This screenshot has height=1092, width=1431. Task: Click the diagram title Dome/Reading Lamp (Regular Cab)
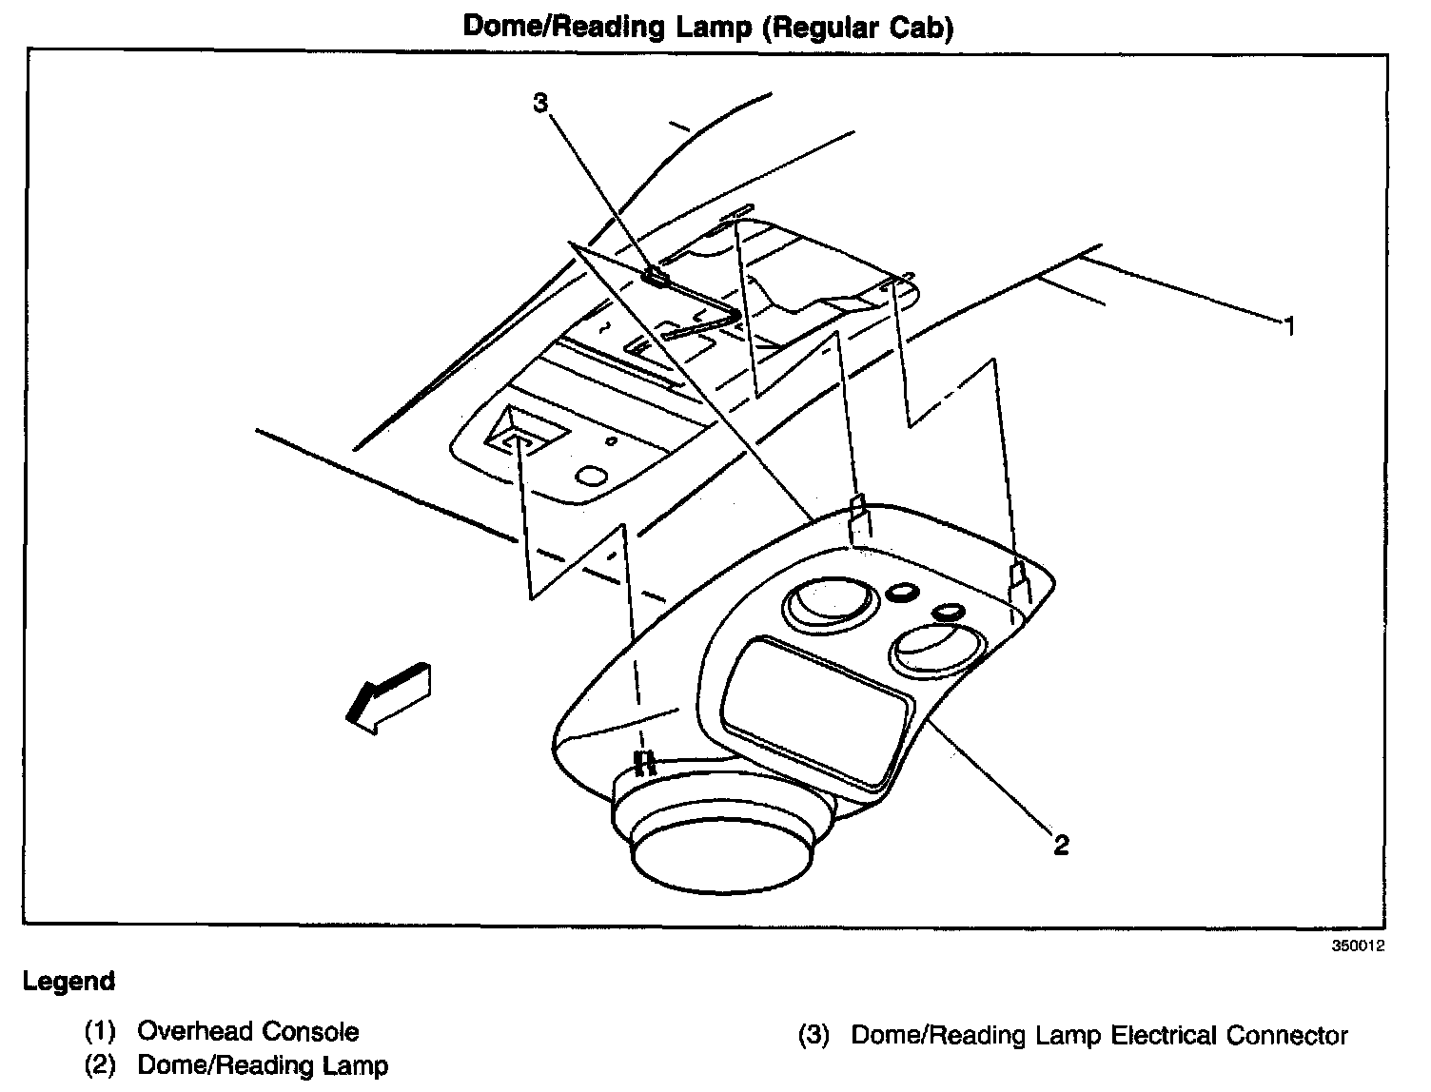(x=708, y=27)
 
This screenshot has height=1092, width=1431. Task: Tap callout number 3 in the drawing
(x=540, y=103)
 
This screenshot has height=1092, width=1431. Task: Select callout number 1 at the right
(x=1289, y=327)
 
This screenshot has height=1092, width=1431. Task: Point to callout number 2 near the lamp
(x=1061, y=844)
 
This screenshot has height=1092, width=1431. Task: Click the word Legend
(x=69, y=982)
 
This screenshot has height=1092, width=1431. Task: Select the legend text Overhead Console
(x=248, y=1032)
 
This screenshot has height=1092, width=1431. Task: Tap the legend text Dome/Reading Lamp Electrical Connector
(x=1099, y=1035)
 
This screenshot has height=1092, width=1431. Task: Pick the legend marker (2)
(x=100, y=1066)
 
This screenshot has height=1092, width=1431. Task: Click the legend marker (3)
(x=814, y=1035)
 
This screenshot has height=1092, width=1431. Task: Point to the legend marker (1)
(x=100, y=1032)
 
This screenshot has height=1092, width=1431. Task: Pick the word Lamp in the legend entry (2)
(x=357, y=1066)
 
